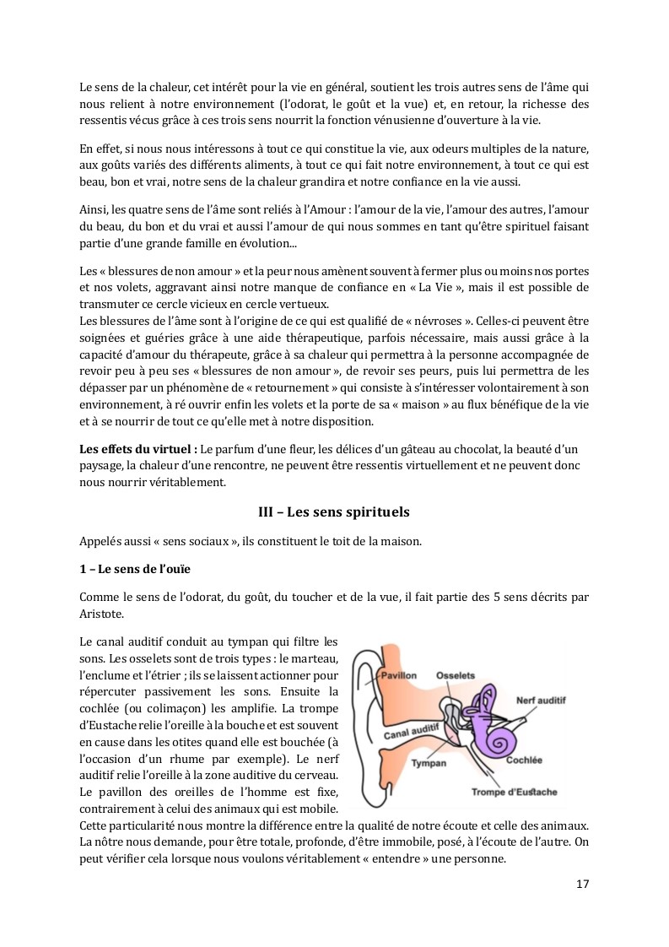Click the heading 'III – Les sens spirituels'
click(x=334, y=512)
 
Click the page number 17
click(x=582, y=884)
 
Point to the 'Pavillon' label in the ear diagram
click(x=398, y=676)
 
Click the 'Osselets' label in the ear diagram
click(x=455, y=675)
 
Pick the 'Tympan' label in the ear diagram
click(x=429, y=762)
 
